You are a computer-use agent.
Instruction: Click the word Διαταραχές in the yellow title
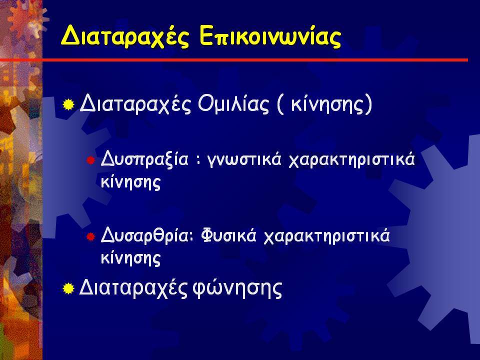pos(125,36)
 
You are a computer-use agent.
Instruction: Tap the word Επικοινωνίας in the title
pos(270,36)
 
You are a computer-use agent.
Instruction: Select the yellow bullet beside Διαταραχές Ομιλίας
pos(68,104)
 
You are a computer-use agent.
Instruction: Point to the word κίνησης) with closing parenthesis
pos(331,104)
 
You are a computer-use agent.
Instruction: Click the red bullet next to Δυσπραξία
pos(90,160)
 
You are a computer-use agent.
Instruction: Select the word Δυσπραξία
pos(144,159)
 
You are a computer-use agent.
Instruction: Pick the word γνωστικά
pos(244,159)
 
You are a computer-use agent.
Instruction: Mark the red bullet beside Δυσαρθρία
pos(90,236)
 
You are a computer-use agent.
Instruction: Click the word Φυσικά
pos(228,235)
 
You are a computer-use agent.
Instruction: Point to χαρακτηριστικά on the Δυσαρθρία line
pos(326,236)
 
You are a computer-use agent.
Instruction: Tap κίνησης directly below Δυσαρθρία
pos(130,258)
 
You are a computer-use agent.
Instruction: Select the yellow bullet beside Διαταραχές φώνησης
pos(68,288)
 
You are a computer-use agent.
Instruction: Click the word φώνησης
pos(237,288)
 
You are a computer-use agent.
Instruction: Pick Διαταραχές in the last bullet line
pos(133,288)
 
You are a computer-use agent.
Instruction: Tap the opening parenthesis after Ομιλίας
pos(280,104)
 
